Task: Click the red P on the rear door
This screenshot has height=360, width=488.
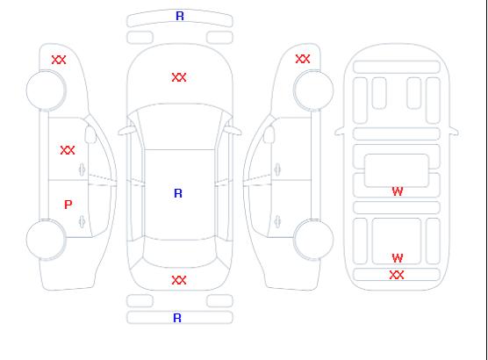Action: click(x=68, y=205)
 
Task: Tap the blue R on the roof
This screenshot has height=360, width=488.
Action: click(x=178, y=193)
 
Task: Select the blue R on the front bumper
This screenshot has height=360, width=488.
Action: click(x=180, y=16)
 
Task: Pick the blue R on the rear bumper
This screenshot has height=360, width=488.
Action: click(x=177, y=318)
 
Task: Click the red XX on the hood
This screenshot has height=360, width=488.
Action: click(x=179, y=77)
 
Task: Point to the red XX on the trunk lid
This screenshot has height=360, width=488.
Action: click(x=179, y=280)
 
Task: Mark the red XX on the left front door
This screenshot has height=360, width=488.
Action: click(x=68, y=150)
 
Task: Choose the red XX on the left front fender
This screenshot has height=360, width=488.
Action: click(x=59, y=60)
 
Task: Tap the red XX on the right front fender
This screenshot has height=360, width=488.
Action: click(x=303, y=59)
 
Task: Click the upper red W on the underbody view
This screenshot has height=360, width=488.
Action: click(x=398, y=191)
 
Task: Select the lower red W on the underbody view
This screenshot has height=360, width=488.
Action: click(x=398, y=258)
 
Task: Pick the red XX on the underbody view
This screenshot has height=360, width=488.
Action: click(x=397, y=275)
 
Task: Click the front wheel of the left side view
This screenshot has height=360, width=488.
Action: click(x=46, y=90)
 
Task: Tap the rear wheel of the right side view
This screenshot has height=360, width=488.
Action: click(x=313, y=239)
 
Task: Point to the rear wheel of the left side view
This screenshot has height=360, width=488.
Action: click(x=46, y=239)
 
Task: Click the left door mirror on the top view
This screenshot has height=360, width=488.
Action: click(x=126, y=131)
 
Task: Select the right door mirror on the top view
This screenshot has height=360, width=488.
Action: click(x=233, y=131)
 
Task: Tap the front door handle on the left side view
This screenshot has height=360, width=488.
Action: click(x=83, y=169)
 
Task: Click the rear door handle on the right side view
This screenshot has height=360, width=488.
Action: click(x=277, y=221)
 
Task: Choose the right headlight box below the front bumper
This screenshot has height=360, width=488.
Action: click(x=219, y=38)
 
